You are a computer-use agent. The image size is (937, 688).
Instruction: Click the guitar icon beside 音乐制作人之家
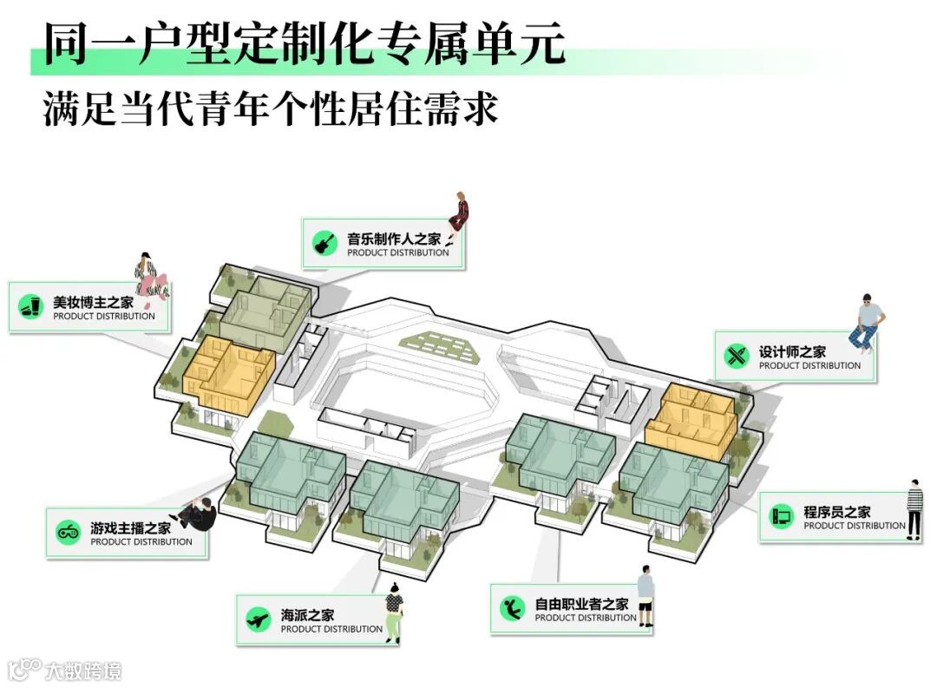[325, 242]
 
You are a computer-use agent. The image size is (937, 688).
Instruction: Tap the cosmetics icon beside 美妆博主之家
[32, 305]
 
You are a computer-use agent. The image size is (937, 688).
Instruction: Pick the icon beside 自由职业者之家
[512, 608]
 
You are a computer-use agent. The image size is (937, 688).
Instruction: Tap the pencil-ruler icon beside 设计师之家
[737, 355]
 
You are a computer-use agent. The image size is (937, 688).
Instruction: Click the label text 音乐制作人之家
[394, 239]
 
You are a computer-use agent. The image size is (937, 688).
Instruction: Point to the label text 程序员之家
[836, 512]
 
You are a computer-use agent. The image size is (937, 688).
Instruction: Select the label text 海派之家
[307, 615]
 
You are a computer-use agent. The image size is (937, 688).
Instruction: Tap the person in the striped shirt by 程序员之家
[914, 508]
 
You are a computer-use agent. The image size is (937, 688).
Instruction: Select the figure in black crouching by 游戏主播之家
[197, 514]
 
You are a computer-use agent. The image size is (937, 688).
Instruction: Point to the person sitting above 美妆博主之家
[150, 277]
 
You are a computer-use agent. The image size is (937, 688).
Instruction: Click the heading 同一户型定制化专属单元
[305, 43]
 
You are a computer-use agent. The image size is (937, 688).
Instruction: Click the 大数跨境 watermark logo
[64, 670]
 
